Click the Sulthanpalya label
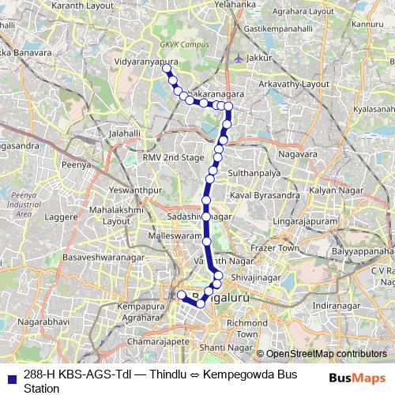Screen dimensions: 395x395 pos(255,171)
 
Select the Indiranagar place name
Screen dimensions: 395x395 pos(336,304)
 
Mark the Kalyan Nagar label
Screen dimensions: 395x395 pos(334,192)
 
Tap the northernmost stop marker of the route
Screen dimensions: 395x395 pos(167,70)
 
